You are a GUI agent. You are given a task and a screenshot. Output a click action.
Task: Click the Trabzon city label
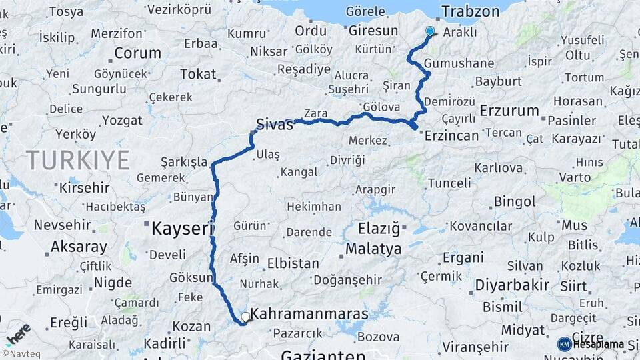coord(471,11)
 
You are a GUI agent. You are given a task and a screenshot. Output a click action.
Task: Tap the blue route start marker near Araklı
coord(430,31)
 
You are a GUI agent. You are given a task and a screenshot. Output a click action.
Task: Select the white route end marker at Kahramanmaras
coord(246,317)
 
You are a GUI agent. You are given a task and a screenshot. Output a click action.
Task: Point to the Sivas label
coord(275,124)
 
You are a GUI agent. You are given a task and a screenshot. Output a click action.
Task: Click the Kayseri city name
coord(182,229)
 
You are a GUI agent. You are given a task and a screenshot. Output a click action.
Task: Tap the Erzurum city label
coord(509,110)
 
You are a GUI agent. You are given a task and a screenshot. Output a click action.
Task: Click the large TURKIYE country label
coord(78,160)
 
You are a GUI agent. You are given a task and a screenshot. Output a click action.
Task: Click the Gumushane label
coord(459,63)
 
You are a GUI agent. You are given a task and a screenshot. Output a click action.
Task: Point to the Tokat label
coord(198,74)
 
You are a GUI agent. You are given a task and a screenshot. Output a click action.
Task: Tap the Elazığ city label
coord(379,229)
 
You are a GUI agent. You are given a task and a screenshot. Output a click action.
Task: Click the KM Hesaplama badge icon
coord(565,344)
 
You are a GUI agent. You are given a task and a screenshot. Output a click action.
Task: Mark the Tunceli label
coord(449,183)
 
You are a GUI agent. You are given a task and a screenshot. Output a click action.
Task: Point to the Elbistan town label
coord(293,263)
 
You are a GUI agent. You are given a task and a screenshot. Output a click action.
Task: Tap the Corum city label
coord(137,53)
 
